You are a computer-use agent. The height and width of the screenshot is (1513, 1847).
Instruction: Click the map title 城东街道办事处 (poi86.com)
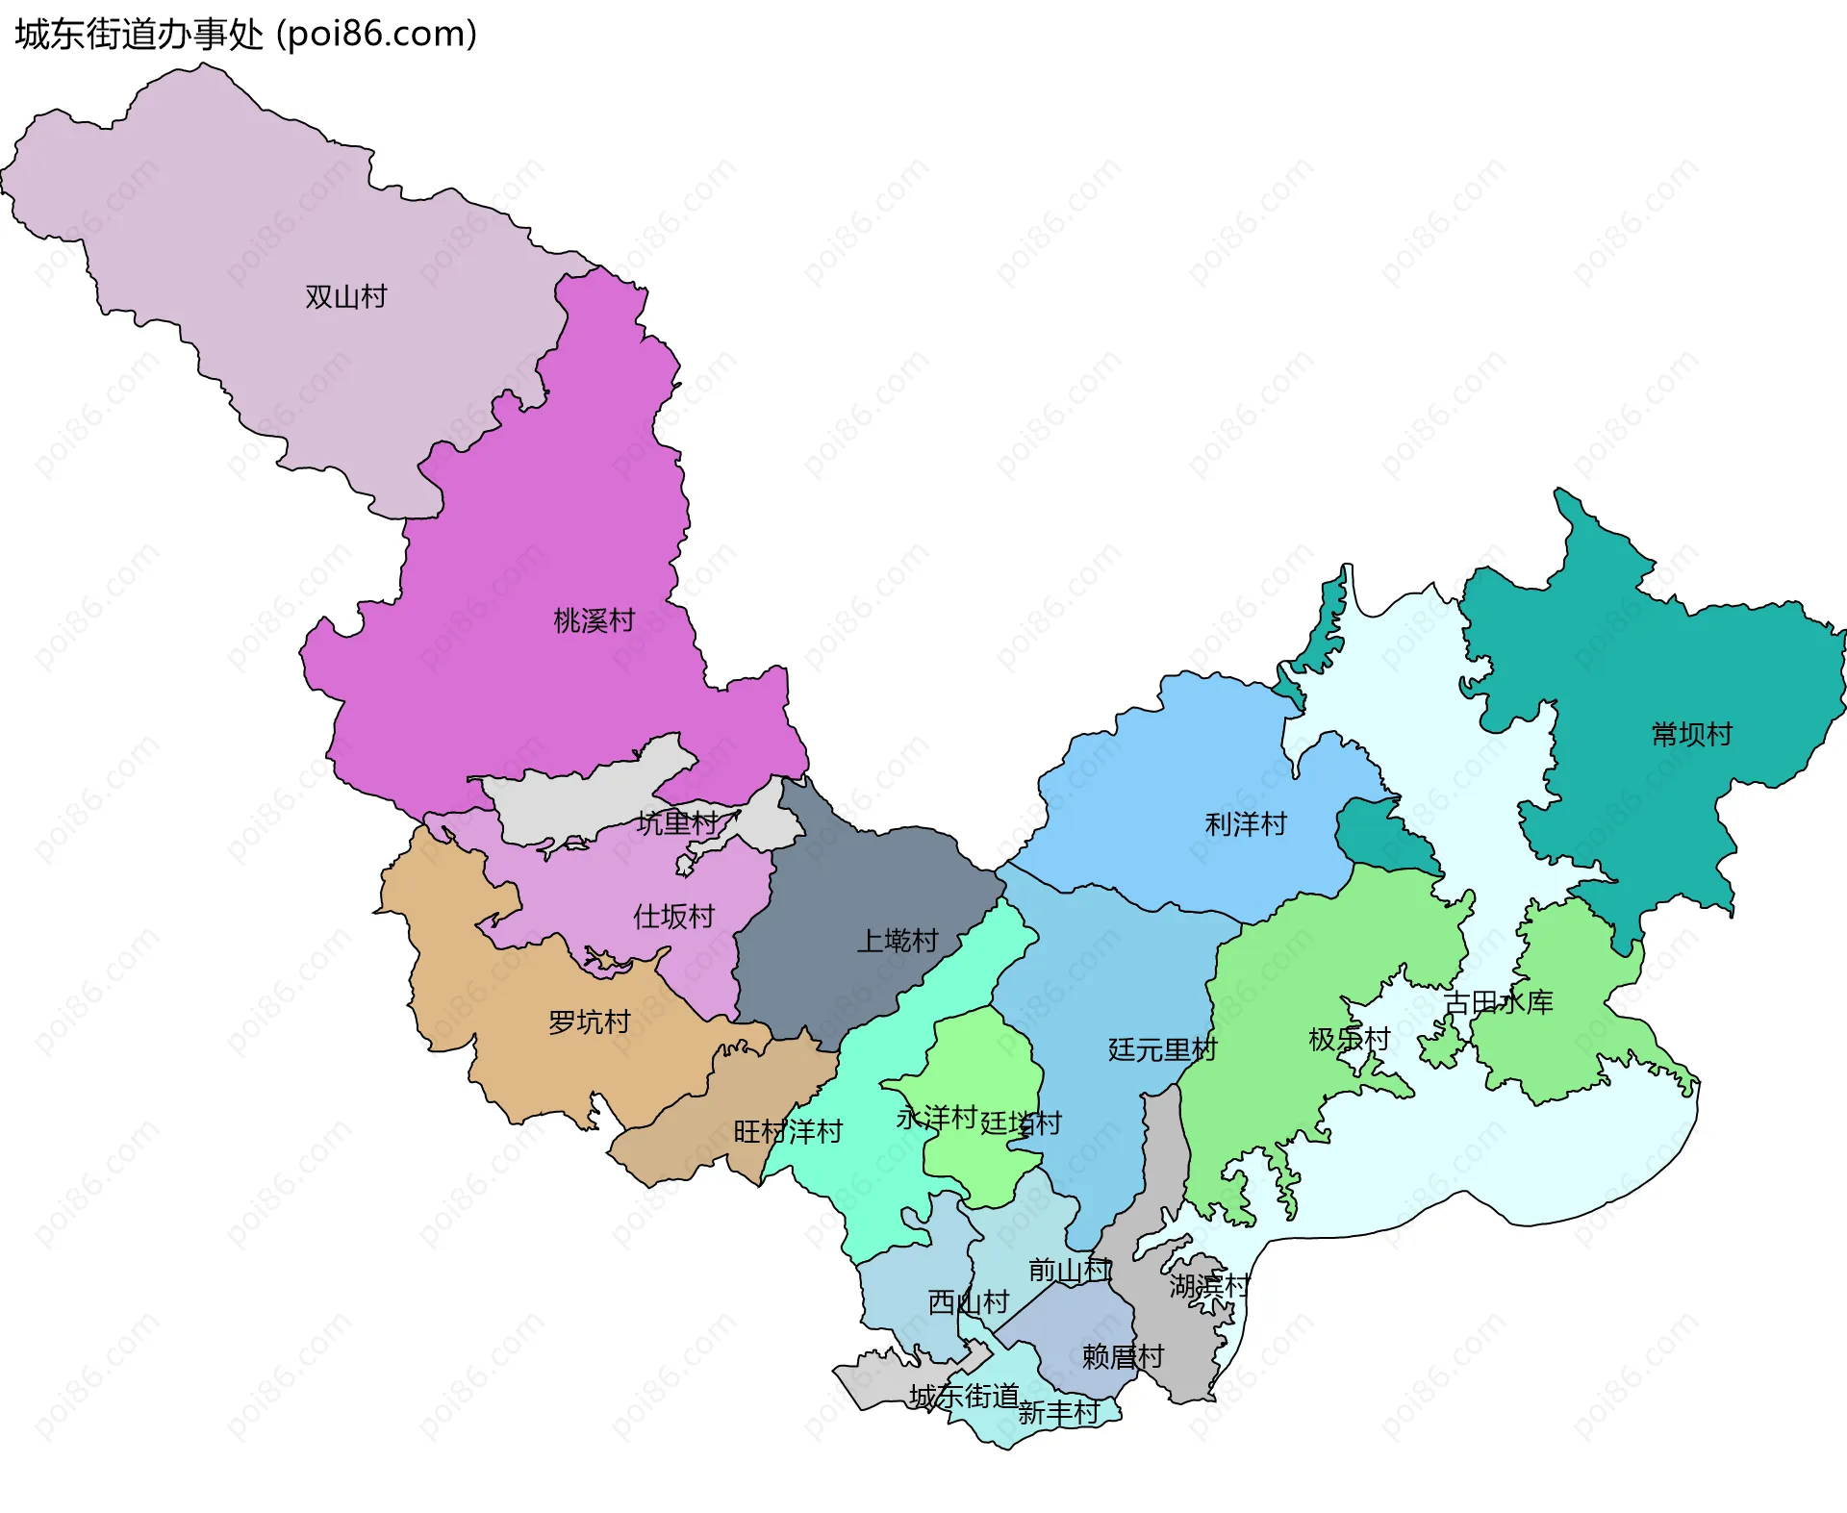[246, 35]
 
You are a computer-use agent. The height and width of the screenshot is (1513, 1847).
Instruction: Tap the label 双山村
[345, 296]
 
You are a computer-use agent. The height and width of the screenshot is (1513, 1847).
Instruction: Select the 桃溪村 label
[594, 620]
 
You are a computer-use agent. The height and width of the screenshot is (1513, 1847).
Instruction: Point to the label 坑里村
[677, 823]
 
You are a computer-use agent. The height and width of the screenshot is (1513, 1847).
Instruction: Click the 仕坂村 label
[673, 917]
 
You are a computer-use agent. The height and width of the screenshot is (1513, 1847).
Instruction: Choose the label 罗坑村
[589, 1021]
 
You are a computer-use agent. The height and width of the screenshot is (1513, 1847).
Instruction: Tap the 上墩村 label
[898, 940]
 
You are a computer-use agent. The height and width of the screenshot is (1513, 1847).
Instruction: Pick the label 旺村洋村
[788, 1131]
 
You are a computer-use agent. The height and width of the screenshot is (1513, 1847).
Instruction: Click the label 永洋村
[936, 1118]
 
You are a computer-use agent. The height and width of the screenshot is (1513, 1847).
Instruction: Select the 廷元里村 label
[1162, 1049]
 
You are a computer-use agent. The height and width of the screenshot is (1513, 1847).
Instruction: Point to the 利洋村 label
[1246, 824]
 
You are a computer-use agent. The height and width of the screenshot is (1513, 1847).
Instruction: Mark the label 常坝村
[1691, 735]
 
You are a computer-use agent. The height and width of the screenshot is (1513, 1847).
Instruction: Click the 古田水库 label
[1498, 1003]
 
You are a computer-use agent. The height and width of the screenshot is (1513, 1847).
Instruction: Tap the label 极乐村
[1349, 1040]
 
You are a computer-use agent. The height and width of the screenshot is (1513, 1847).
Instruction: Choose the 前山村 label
[1069, 1271]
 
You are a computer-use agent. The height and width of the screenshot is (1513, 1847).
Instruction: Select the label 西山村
[968, 1302]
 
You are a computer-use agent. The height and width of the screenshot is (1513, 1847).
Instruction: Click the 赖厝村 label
[1123, 1357]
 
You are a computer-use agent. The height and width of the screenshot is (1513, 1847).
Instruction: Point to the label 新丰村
[1058, 1412]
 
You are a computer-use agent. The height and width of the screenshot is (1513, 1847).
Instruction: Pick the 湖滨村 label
[1208, 1286]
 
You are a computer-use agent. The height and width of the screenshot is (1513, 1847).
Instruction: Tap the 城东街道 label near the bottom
[964, 1396]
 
